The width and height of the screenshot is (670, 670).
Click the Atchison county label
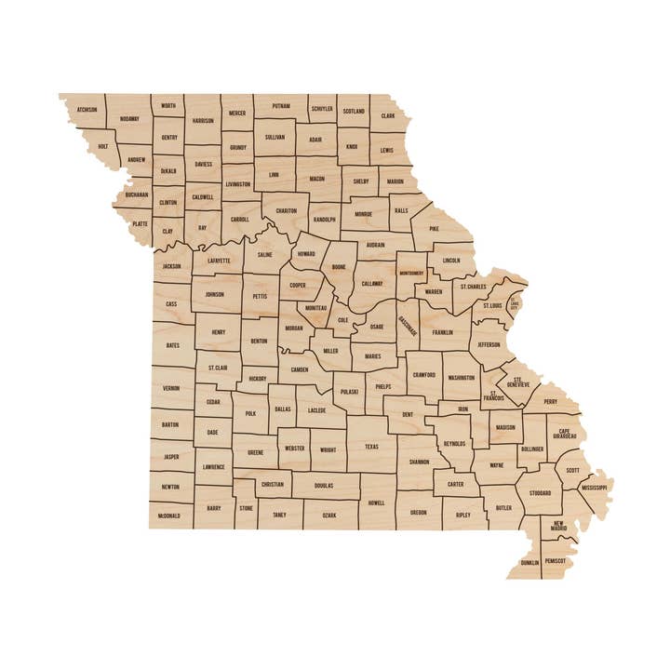pyautogui.click(x=87, y=109)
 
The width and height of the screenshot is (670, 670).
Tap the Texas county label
pyautogui.click(x=371, y=447)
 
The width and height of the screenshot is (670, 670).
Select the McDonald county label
pyautogui.click(x=169, y=515)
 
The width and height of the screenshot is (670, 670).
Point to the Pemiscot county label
pyautogui.click(x=556, y=561)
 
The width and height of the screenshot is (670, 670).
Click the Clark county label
pyautogui.click(x=388, y=116)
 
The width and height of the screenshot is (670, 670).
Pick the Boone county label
pyautogui.click(x=339, y=267)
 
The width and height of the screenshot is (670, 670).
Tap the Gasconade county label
pyautogui.click(x=409, y=325)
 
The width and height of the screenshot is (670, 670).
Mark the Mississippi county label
pyautogui.click(x=593, y=488)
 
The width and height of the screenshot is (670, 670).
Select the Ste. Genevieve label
pyautogui.click(x=519, y=382)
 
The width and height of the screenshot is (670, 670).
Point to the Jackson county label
pyautogui.click(x=171, y=266)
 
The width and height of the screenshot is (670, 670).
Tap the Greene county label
pyautogui.click(x=255, y=452)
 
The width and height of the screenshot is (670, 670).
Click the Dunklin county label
pyautogui.click(x=529, y=562)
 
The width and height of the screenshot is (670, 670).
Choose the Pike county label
pyautogui.click(x=434, y=228)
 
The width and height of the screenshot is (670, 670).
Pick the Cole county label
pyautogui.click(x=342, y=319)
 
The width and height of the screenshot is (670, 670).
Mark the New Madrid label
pyautogui.click(x=559, y=527)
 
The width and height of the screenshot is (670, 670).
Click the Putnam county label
pyautogui.click(x=281, y=107)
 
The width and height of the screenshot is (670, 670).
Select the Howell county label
pyautogui.click(x=377, y=502)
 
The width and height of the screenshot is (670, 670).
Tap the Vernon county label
pyautogui.click(x=171, y=388)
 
